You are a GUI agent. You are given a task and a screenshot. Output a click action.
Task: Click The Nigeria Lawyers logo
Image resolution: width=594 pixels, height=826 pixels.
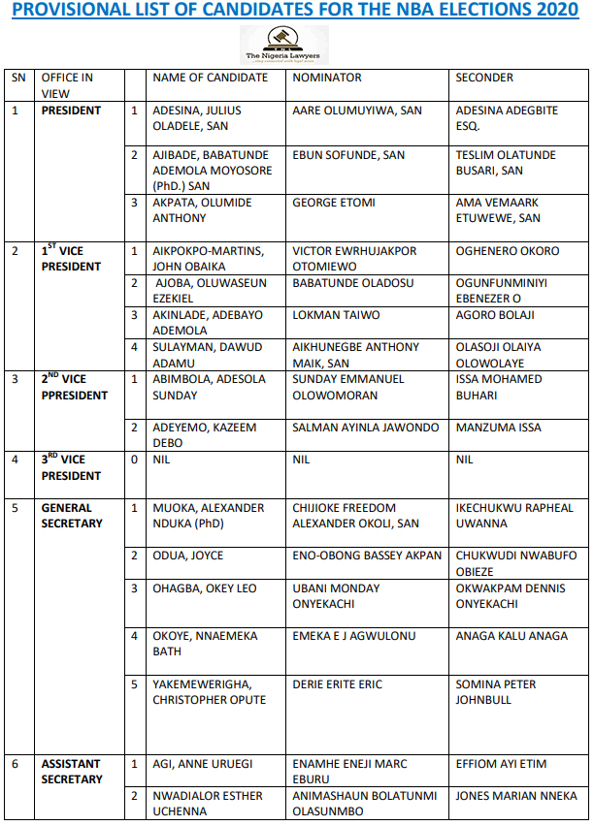point(284,45)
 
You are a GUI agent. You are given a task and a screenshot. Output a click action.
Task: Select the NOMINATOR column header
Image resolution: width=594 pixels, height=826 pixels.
point(327,78)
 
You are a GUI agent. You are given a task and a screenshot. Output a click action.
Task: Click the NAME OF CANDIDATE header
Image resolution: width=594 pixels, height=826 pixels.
point(210,78)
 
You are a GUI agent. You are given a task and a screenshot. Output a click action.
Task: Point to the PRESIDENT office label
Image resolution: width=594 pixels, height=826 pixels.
point(71,111)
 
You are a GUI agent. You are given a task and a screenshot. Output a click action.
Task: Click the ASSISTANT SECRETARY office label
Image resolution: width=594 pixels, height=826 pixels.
point(72,772)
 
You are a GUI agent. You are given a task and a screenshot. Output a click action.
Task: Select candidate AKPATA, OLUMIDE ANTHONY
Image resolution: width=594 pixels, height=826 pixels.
point(202,210)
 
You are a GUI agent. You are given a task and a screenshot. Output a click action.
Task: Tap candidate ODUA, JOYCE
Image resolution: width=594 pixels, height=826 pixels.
point(188,556)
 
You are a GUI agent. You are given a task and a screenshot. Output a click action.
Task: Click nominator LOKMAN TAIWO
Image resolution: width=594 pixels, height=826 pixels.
point(336,315)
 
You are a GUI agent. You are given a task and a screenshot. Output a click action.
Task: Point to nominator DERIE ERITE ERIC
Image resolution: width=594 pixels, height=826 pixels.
point(338,684)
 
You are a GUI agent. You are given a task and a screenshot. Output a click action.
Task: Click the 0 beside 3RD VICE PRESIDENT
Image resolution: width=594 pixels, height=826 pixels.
point(135,460)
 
